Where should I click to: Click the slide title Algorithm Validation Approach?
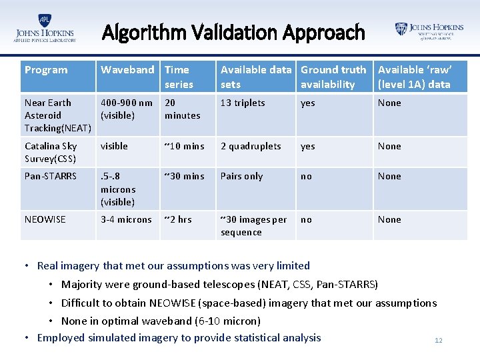(x=233, y=32)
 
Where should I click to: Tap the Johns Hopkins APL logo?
(x=45, y=29)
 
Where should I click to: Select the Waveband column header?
(x=127, y=70)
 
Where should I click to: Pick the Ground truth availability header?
(x=333, y=77)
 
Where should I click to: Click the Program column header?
(x=46, y=70)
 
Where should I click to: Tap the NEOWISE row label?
(x=45, y=219)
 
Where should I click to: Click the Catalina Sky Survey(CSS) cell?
(x=51, y=152)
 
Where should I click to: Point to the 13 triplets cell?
(x=243, y=103)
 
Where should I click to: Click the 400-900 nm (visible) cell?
(x=127, y=109)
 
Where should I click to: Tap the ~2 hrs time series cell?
(x=178, y=219)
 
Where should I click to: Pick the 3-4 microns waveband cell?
(x=125, y=219)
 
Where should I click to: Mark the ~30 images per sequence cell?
(x=254, y=225)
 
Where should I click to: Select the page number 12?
(x=438, y=341)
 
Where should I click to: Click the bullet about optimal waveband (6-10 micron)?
(x=161, y=321)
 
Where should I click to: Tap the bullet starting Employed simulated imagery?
(x=179, y=337)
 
